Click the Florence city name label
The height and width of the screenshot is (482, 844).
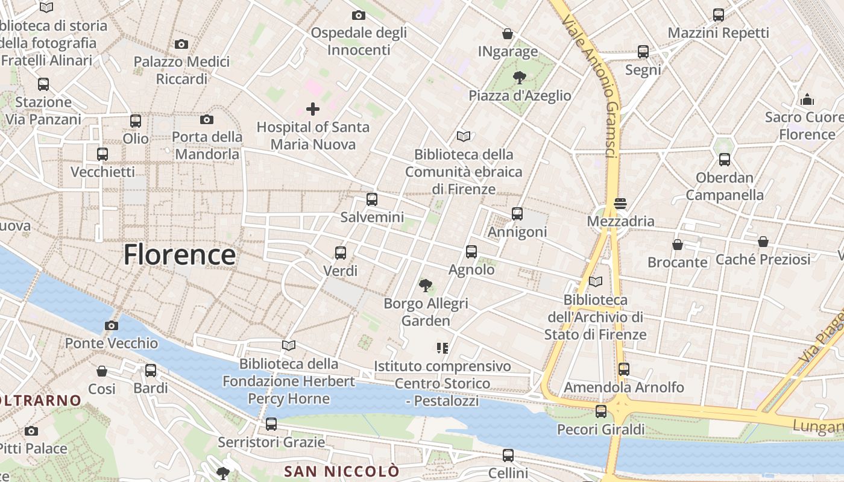[x=179, y=255]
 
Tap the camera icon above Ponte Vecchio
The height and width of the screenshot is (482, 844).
[x=112, y=326]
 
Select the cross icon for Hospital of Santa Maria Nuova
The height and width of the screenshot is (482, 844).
[x=313, y=109]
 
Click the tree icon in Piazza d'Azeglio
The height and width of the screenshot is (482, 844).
[x=518, y=77]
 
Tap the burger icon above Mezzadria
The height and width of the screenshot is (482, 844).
[x=620, y=204]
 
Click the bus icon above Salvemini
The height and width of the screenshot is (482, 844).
[x=372, y=199]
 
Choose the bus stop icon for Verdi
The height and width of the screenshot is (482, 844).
[x=341, y=253]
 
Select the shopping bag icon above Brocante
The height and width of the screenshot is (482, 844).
[x=678, y=245]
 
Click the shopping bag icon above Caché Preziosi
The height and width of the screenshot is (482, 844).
[x=763, y=242]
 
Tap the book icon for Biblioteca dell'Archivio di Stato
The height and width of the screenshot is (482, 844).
[x=596, y=281]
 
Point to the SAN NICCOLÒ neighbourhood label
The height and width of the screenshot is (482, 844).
[x=341, y=471]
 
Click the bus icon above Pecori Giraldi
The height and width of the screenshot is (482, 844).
[x=601, y=412]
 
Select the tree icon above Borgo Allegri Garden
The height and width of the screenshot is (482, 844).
[x=426, y=285]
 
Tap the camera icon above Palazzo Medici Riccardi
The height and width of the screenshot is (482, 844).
[x=181, y=44]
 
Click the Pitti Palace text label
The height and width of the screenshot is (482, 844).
[x=33, y=448]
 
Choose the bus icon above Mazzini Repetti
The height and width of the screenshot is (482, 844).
[x=719, y=15]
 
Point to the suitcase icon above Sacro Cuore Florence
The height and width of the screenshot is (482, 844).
[x=807, y=99]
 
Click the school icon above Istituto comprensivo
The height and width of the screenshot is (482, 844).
[x=442, y=348]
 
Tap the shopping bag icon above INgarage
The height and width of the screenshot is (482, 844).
[x=508, y=34]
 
